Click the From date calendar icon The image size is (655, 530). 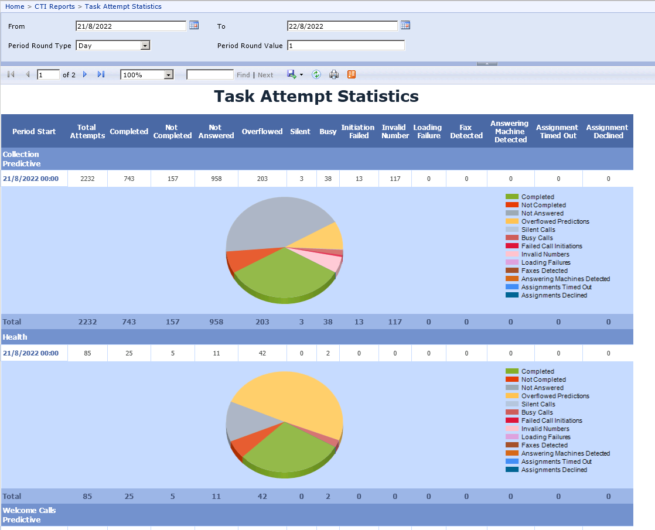pyautogui.click(x=194, y=25)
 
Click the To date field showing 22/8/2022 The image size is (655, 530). pyautogui.click(x=342, y=26)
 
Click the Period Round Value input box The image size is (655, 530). pyautogui.click(x=346, y=46)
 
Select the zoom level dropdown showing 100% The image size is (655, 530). pyautogui.click(x=147, y=75)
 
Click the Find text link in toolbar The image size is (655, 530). pyautogui.click(x=243, y=75)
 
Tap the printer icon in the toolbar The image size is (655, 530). pyautogui.click(x=334, y=74)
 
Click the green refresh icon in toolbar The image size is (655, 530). pyautogui.click(x=316, y=74)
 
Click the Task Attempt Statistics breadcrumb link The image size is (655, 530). pyautogui.click(x=123, y=6)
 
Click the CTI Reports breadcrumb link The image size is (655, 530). pyautogui.click(x=54, y=6)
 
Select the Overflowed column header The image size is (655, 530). pyautogui.click(x=262, y=132)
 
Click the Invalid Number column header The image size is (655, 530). pyautogui.click(x=395, y=132)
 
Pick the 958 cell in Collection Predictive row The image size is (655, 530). pyautogui.click(x=216, y=179)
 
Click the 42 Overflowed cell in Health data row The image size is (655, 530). pyautogui.click(x=262, y=353)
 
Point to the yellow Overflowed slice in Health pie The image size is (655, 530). pyautogui.click(x=293, y=398)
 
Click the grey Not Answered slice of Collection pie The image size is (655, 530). pyautogui.click(x=264, y=223)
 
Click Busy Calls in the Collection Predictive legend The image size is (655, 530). pyautogui.click(x=537, y=238)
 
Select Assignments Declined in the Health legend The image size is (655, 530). pyautogui.click(x=554, y=470)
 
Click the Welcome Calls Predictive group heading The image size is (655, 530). pyautogui.click(x=29, y=515)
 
